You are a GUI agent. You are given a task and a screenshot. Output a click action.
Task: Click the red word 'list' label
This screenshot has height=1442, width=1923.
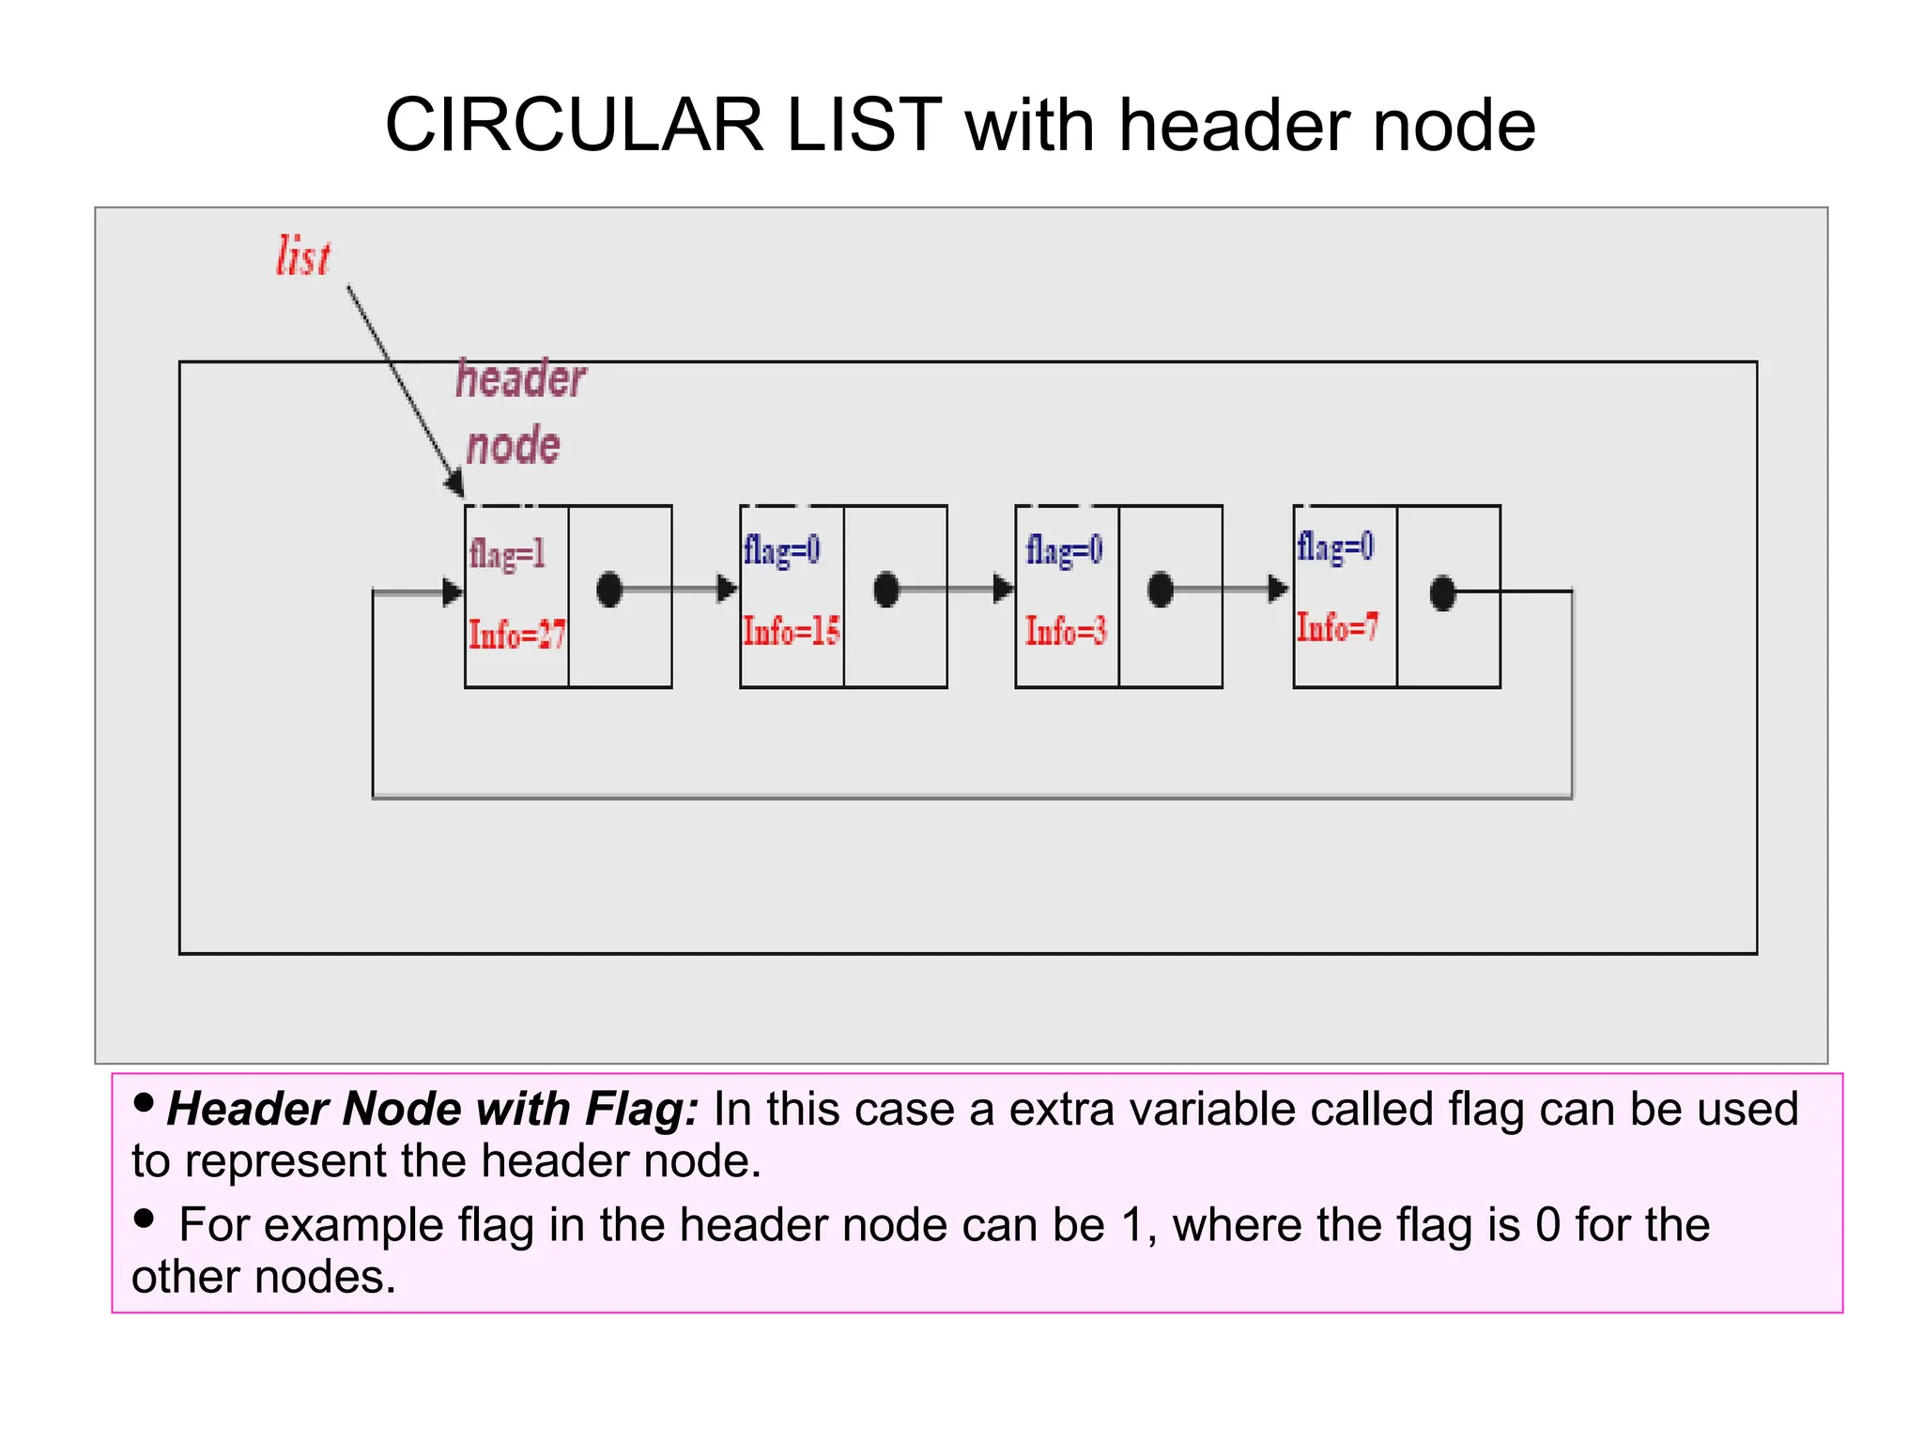pos(303,256)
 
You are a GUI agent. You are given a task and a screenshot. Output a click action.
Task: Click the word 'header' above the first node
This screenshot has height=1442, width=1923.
pos(521,379)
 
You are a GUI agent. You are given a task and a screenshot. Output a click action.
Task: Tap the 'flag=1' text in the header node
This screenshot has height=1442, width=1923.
pos(507,554)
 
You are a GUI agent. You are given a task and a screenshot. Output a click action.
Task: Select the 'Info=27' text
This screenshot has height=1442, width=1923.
pos(516,636)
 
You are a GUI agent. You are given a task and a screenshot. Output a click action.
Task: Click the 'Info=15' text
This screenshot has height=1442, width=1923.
pos(791,631)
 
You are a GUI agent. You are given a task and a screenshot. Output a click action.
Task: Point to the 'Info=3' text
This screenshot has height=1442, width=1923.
pos(1066,631)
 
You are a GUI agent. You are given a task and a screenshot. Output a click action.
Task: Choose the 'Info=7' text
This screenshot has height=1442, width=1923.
pos(1337,627)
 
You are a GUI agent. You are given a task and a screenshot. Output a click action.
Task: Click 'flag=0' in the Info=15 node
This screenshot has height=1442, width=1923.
pos(781,550)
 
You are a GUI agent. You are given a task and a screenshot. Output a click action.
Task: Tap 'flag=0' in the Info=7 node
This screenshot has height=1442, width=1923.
pos(1335,546)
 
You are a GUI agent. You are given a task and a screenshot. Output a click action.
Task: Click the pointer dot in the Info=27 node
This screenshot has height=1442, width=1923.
pos(609,590)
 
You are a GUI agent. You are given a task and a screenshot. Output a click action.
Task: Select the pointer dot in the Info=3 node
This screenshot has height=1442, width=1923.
pos(1161,590)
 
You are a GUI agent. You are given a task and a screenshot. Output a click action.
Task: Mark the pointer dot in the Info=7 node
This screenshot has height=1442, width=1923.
pos(1442,593)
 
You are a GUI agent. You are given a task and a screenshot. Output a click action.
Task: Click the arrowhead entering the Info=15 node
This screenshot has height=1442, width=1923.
pos(728,590)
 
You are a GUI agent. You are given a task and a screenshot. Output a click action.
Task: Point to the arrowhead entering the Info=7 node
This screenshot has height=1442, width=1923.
pos(1279,590)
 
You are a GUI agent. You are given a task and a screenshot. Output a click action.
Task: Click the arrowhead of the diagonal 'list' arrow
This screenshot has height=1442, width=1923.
pos(455,483)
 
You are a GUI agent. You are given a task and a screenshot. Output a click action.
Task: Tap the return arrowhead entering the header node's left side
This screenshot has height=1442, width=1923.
pos(453,592)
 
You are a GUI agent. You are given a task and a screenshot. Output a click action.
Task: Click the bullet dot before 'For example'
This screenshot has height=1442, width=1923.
pos(144,1219)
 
